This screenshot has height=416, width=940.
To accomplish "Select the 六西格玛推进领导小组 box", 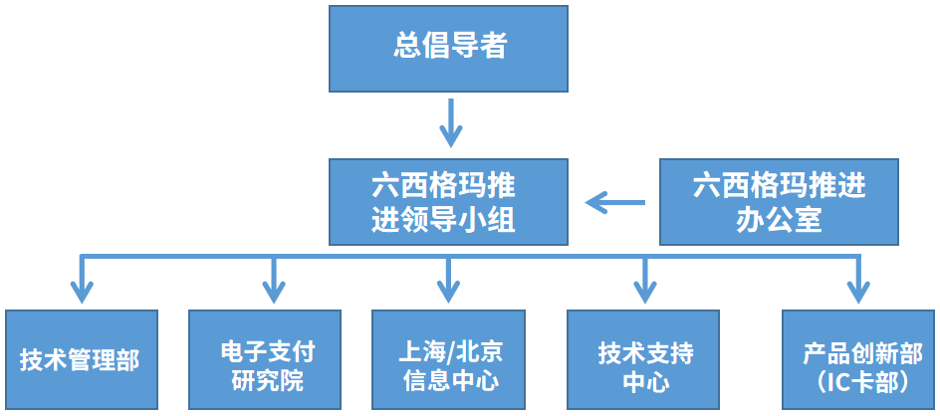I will pos(448,202).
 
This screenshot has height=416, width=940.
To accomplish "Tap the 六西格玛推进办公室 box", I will pos(779,202).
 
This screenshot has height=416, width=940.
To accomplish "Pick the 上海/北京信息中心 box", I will pos(450,359).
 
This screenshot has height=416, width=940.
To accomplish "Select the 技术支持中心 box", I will pos(644,359).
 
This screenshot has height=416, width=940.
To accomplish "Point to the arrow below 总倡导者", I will pos(451,124).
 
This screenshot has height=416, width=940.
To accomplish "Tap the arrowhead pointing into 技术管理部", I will pos(82,292).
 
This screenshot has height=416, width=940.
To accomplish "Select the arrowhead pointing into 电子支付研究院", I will pos(274,292).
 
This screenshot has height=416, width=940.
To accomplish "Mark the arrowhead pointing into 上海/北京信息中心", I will pos(449,292).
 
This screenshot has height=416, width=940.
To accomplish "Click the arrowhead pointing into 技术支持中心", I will pos(644,292).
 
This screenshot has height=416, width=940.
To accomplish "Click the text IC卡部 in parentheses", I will pos(862,380).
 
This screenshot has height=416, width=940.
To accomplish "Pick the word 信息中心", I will pos(450,380).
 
